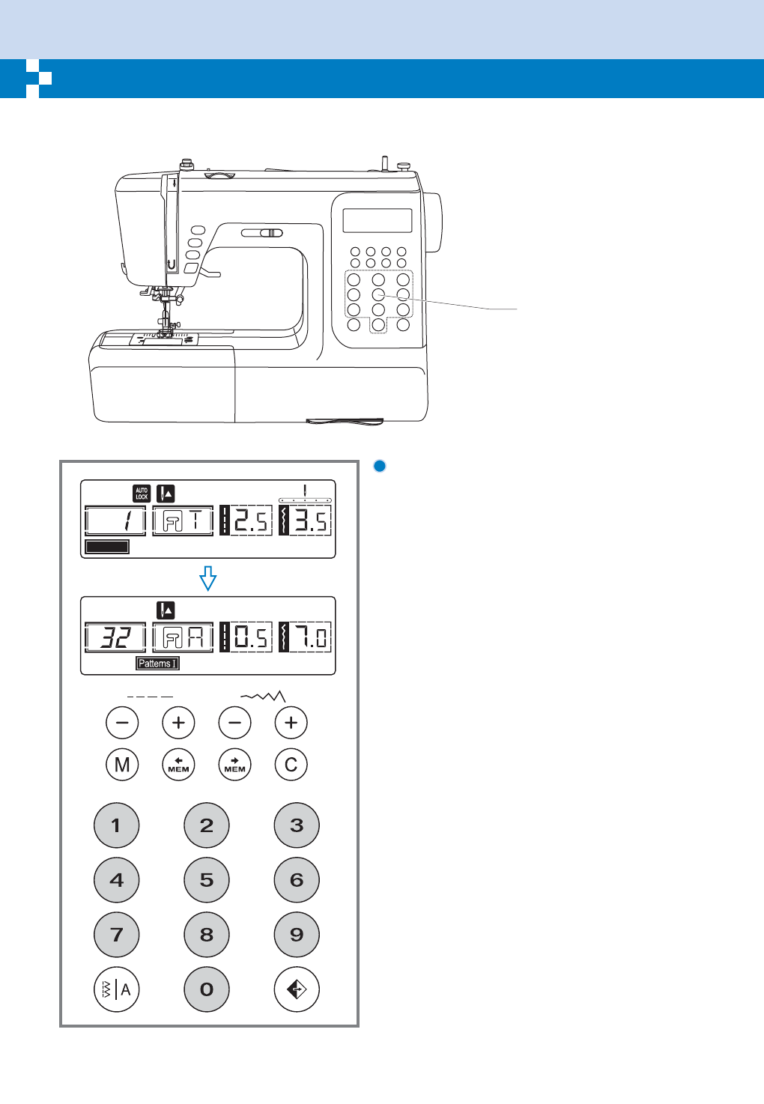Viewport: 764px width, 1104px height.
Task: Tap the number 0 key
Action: (x=207, y=989)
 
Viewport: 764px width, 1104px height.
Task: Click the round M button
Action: (x=122, y=765)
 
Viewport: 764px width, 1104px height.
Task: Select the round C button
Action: (x=291, y=765)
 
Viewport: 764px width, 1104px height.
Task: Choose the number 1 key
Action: (x=117, y=825)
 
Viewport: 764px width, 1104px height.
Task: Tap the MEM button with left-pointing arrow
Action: (x=178, y=765)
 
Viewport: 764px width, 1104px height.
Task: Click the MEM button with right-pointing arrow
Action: (x=235, y=765)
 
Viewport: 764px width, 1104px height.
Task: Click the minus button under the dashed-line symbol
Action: (x=122, y=723)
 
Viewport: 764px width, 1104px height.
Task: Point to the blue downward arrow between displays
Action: (x=208, y=578)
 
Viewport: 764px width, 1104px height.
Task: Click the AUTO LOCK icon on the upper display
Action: (x=142, y=494)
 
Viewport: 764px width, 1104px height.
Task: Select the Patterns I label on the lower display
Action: (x=158, y=664)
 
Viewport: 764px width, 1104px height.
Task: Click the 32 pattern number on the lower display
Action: (x=115, y=637)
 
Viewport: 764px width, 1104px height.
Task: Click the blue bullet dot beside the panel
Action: (x=380, y=466)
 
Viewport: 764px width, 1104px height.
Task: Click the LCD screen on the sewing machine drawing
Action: (x=378, y=220)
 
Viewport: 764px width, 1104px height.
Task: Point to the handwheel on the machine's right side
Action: (x=433, y=222)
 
